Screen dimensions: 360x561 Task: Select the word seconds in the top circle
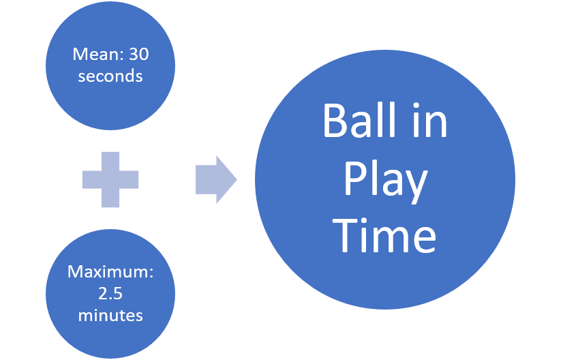click(x=110, y=76)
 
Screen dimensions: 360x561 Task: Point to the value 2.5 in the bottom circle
click(x=110, y=294)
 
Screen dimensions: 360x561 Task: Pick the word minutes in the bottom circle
click(x=110, y=315)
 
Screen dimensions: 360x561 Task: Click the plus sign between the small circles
click(x=110, y=179)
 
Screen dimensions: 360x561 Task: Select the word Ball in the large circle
click(x=358, y=122)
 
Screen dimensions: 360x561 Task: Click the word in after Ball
click(x=431, y=122)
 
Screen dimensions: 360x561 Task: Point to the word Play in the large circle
click(x=385, y=180)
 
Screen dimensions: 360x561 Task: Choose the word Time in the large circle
click(x=385, y=236)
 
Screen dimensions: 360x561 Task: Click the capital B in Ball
click(x=334, y=122)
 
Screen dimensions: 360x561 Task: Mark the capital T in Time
click(x=347, y=236)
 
